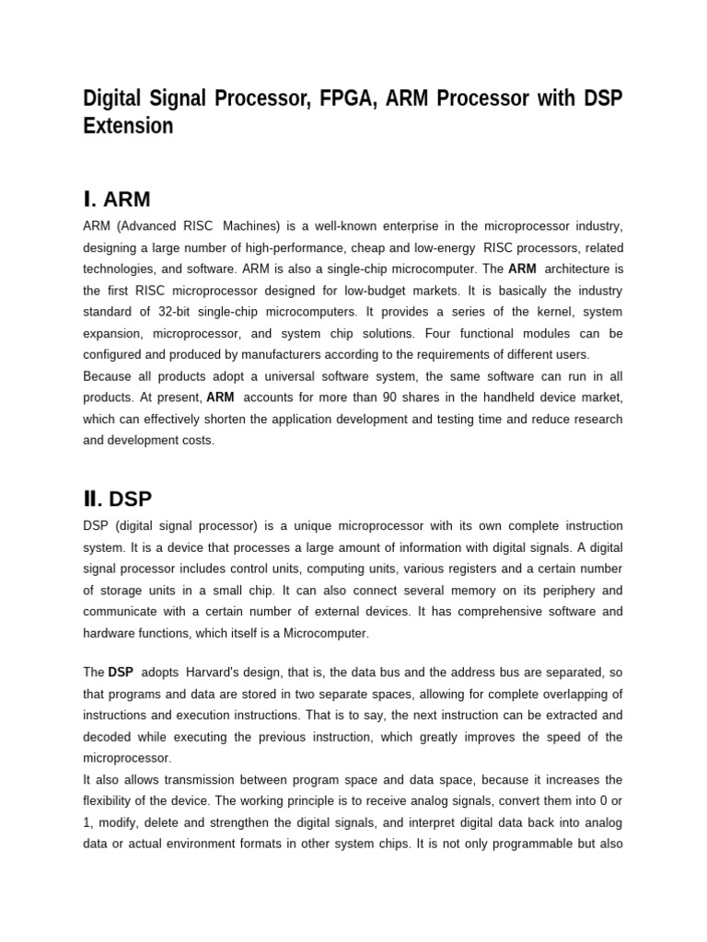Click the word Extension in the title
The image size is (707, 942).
[x=128, y=126]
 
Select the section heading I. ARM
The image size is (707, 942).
[x=116, y=199]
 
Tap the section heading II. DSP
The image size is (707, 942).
[x=117, y=499]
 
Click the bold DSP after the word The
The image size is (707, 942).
[x=121, y=672]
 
